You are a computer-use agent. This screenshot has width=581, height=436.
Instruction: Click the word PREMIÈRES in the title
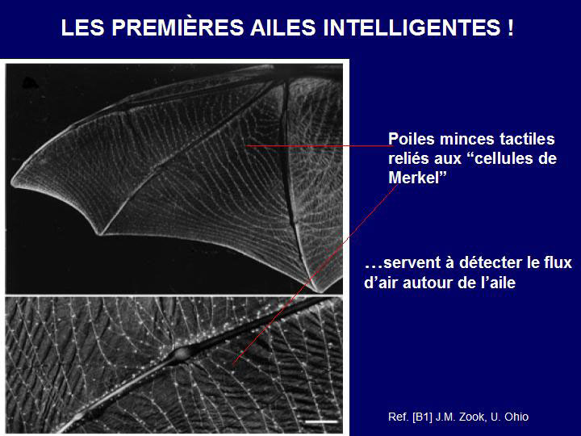click(x=178, y=27)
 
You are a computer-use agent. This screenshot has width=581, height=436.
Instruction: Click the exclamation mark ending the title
click(x=511, y=27)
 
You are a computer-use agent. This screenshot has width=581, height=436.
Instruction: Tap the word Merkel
click(x=413, y=178)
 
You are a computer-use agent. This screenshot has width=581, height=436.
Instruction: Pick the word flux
click(x=558, y=262)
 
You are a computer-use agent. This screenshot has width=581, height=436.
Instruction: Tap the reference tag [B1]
click(x=422, y=417)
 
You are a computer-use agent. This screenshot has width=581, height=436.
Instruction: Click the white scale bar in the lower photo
click(x=322, y=421)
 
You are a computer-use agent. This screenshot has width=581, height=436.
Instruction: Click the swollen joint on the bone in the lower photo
click(x=181, y=354)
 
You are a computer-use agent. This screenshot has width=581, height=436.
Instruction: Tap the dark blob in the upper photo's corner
click(x=30, y=83)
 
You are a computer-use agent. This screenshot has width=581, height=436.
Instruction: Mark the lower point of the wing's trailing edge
click(x=99, y=233)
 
